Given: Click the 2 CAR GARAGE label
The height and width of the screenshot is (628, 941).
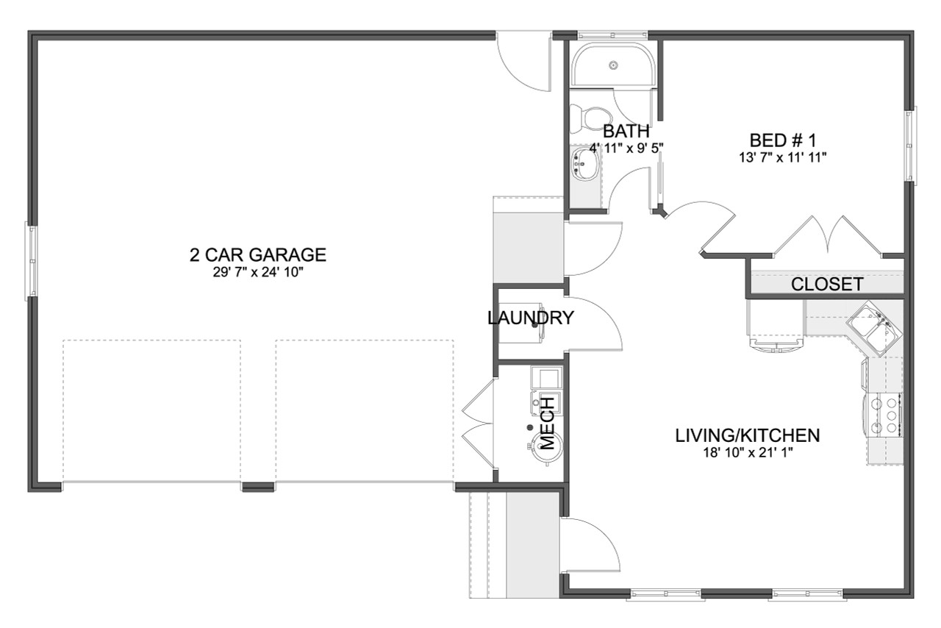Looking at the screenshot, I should [x=257, y=255].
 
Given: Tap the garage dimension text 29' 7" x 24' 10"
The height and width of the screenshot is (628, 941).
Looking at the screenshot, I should [x=257, y=273].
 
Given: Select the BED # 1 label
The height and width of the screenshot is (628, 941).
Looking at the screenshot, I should [x=784, y=140].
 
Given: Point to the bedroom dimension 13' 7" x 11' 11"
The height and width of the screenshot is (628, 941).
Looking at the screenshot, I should [x=784, y=157].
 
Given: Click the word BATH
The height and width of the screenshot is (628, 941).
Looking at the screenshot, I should [x=626, y=132].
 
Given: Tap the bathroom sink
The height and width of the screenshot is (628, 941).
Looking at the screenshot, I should [x=584, y=163].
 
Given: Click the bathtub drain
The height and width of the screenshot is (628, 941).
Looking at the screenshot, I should [x=612, y=65].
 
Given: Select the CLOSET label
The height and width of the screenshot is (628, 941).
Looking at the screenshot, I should [x=827, y=285].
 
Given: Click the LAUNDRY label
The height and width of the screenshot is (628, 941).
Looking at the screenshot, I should [x=530, y=318].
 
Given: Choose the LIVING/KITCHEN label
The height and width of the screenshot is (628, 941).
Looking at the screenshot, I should [x=748, y=435].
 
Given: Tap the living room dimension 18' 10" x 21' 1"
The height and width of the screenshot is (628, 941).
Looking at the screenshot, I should [x=748, y=452].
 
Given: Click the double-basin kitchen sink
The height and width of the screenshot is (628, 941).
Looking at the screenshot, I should [x=873, y=328].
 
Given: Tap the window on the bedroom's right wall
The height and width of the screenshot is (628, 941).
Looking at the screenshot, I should [x=910, y=145].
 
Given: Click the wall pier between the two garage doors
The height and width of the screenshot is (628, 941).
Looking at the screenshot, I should [x=258, y=487].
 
